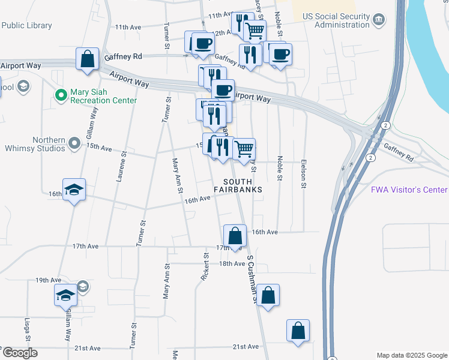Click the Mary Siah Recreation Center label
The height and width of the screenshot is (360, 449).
point(103,95)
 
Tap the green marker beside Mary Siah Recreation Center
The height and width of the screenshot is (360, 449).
point(61,95)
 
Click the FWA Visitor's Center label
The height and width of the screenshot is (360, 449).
point(409,190)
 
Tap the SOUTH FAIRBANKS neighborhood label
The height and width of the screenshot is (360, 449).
point(243,185)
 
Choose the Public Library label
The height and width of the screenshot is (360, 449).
point(26,26)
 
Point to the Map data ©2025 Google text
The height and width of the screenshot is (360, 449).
point(412,355)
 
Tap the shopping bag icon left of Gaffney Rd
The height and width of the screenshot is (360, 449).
point(88,59)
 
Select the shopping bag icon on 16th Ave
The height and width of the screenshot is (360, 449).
point(235,236)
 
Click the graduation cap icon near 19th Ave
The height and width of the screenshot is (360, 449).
point(65,295)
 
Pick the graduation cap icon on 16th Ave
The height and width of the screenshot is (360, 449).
point(74,190)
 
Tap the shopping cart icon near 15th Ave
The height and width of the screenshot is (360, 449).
point(243,149)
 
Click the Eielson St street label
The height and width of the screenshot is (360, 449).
point(303,174)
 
